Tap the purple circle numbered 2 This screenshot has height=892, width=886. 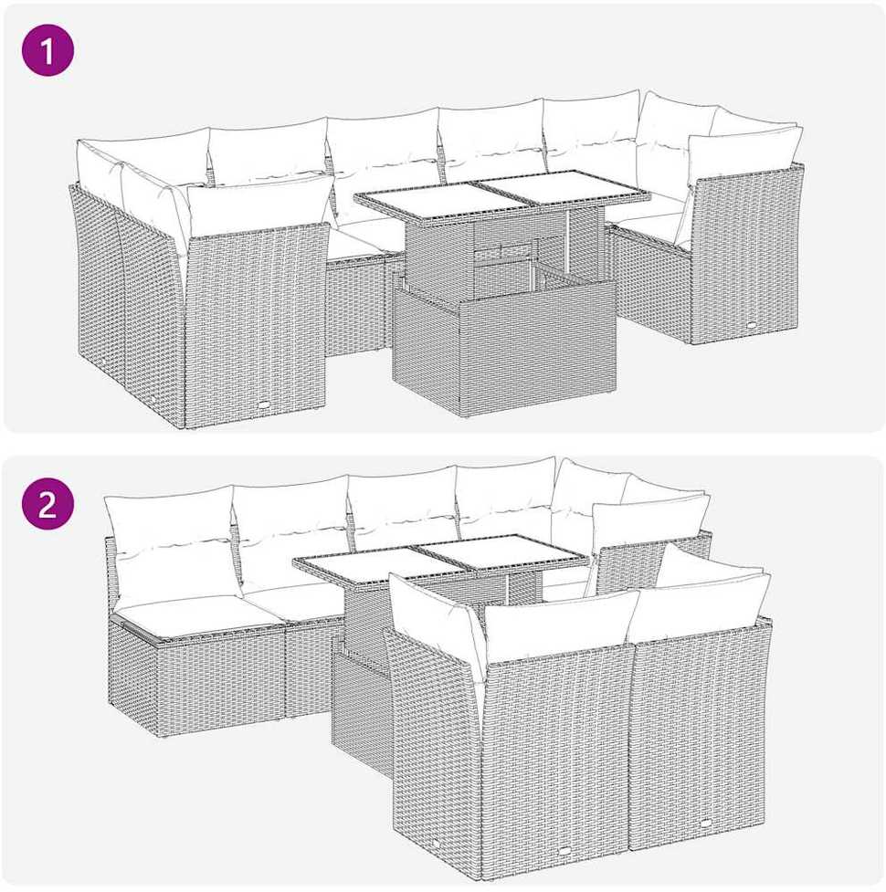pos(47,504)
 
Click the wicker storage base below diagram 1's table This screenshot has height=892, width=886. pos(503,346)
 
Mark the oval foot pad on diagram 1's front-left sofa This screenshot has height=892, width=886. pos(265,405)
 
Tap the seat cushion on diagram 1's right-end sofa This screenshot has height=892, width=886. pos(649,224)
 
